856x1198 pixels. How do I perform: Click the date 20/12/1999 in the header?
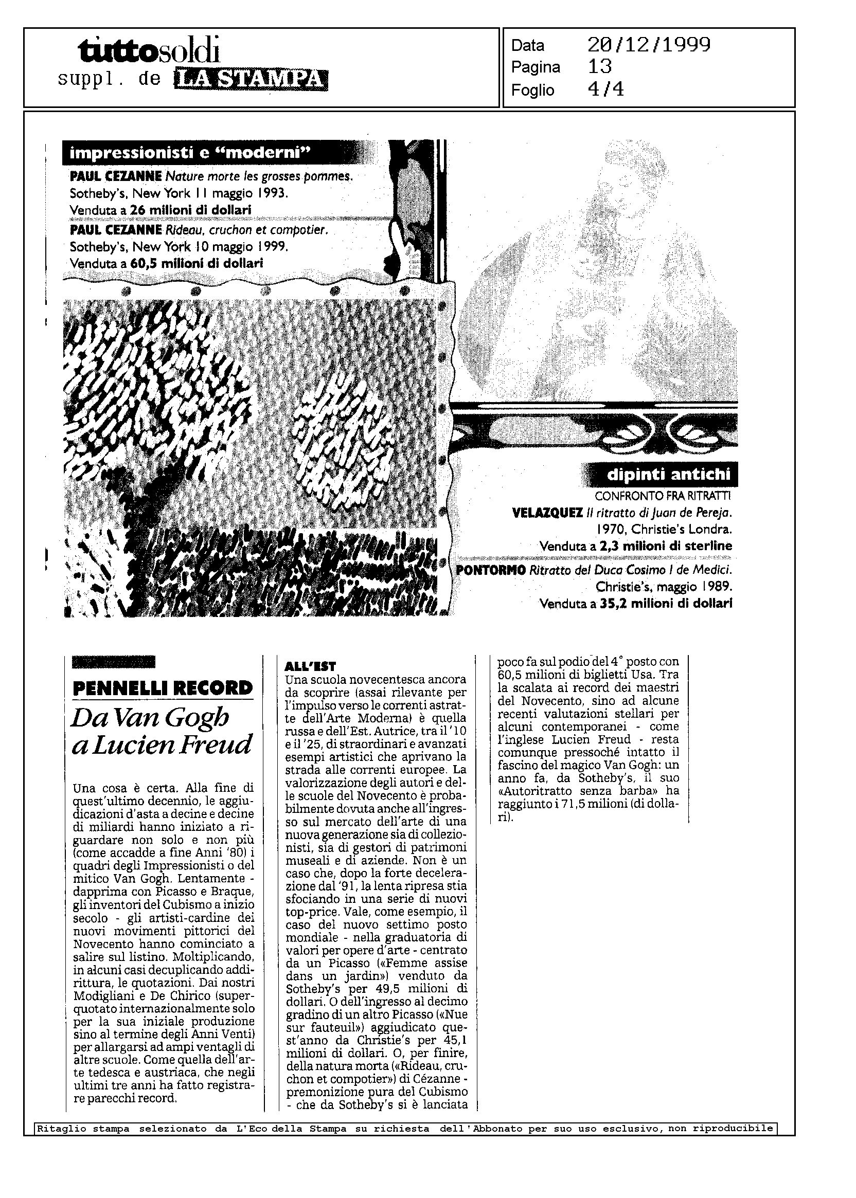pyautogui.click(x=649, y=45)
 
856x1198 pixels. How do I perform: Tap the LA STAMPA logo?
pyautogui.click(x=251, y=79)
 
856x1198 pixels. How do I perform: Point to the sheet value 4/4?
pyautogui.click(x=605, y=89)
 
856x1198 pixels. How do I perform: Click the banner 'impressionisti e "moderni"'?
pyautogui.click(x=190, y=153)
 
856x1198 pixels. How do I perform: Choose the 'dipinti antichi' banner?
pyautogui.click(x=669, y=475)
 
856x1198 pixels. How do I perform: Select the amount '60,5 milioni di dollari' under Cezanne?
pyautogui.click(x=197, y=263)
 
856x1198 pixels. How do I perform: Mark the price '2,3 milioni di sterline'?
pyautogui.click(x=665, y=546)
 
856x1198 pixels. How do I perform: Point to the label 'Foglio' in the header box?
pyautogui.click(x=532, y=90)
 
